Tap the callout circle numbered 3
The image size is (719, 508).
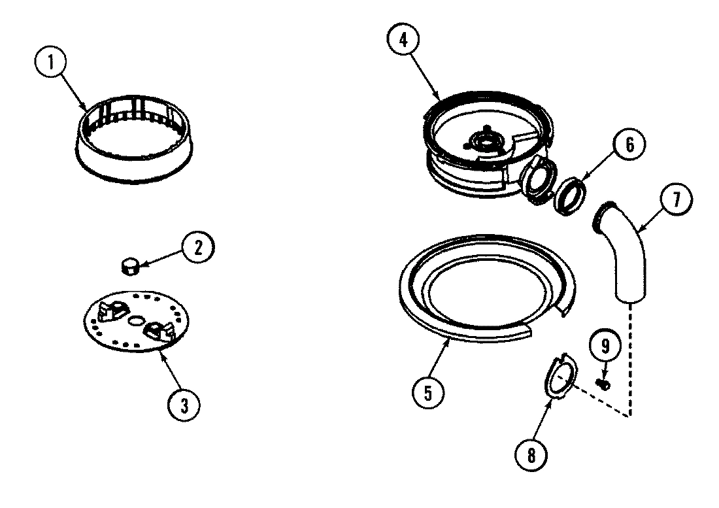[184, 405]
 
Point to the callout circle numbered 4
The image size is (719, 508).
[403, 38]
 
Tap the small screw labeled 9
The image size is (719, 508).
[602, 383]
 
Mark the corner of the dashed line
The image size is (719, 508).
[631, 416]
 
